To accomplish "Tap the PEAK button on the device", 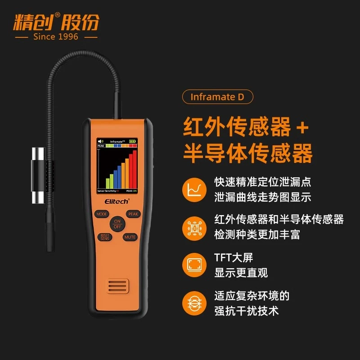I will click(133, 214).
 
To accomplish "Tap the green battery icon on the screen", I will click(132, 141).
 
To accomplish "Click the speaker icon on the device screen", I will click(100, 141).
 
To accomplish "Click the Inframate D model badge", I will click(217, 97).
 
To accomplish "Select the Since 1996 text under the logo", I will click(56, 36).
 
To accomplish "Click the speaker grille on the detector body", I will click(117, 287).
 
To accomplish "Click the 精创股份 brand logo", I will click(56, 21).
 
